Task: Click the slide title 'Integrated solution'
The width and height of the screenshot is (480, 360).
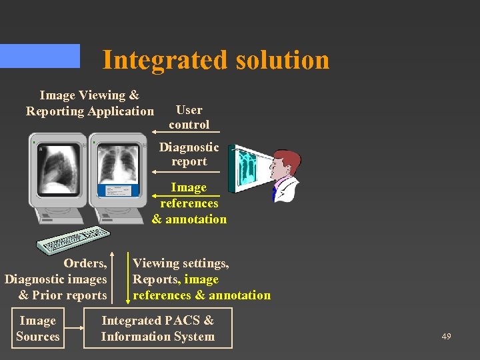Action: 215,60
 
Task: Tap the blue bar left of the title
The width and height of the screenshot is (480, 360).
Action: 39,56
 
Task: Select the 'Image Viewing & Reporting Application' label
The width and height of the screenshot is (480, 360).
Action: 89,103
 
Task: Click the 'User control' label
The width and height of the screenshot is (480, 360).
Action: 189,117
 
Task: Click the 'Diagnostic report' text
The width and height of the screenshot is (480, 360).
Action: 189,154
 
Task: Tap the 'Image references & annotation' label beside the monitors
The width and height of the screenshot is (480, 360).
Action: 189,203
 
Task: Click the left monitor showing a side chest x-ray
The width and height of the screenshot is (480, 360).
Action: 58,173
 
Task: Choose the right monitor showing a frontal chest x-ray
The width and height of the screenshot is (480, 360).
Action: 118,173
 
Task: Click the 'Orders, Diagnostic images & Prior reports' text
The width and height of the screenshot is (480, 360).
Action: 57,279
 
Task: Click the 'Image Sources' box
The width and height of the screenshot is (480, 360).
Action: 38,329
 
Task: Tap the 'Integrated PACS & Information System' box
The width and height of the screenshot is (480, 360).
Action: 158,329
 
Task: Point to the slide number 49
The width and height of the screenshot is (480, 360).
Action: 446,337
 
